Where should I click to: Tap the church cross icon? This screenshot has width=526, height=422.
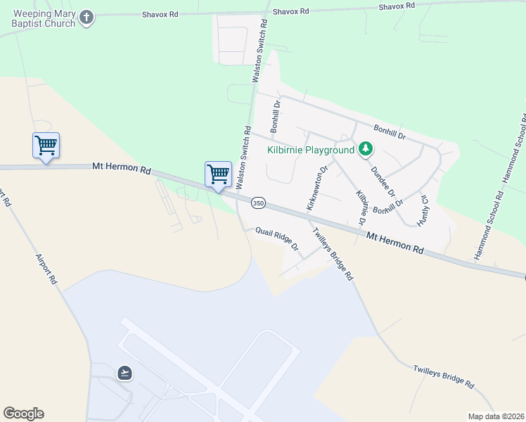86,18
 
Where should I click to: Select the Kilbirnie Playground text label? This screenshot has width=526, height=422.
310,150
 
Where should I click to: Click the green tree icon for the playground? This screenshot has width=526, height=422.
365,149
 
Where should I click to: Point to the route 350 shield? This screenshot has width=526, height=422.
258,203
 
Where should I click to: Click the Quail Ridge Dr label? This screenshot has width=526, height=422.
277,239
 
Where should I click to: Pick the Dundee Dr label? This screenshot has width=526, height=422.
383,181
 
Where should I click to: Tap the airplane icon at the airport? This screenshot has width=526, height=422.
125,372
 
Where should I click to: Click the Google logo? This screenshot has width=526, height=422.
23,414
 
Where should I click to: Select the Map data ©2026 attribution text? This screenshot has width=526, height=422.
496,416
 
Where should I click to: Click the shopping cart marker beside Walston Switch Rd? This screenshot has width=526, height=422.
218,174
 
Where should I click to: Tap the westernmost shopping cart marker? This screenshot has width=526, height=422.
46,146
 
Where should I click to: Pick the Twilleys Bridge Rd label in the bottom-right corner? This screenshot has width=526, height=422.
444,377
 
